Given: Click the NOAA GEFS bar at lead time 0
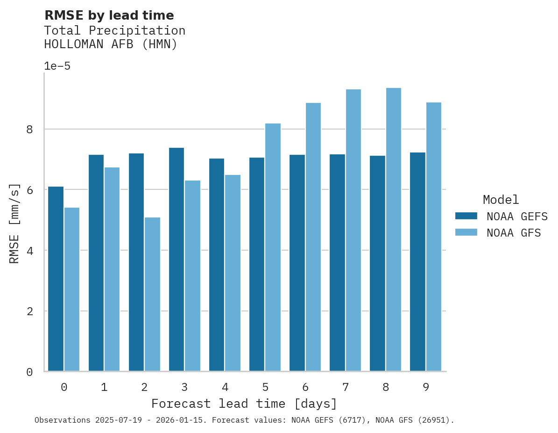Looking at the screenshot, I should pyautogui.click(x=56, y=279).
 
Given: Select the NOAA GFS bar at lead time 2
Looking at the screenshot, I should pyautogui.click(x=152, y=294).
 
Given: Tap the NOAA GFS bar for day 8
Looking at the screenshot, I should pyautogui.click(x=393, y=230).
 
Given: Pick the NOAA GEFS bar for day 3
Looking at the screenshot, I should pyautogui.click(x=177, y=260).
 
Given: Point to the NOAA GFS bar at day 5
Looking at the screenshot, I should pyautogui.click(x=273, y=247).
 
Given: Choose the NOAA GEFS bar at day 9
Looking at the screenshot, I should pyautogui.click(x=417, y=262).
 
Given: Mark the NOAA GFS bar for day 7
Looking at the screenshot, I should pyautogui.click(x=353, y=230).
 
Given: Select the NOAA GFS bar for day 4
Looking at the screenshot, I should pyautogui.click(x=233, y=273).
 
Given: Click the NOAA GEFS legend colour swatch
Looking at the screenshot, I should pyautogui.click(x=466, y=216).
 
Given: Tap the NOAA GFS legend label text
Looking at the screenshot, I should pyautogui.click(x=514, y=233).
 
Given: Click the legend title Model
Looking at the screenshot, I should pyautogui.click(x=501, y=200).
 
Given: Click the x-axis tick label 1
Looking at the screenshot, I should pyautogui.click(x=104, y=387).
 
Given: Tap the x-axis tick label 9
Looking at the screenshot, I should pyautogui.click(x=425, y=387).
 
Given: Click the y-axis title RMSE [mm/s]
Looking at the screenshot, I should pyautogui.click(x=15, y=223).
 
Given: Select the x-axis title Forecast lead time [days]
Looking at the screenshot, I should pyautogui.click(x=244, y=404).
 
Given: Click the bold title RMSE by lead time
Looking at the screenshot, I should pyautogui.click(x=109, y=15).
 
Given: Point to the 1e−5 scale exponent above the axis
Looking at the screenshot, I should pyautogui.click(x=57, y=66).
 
